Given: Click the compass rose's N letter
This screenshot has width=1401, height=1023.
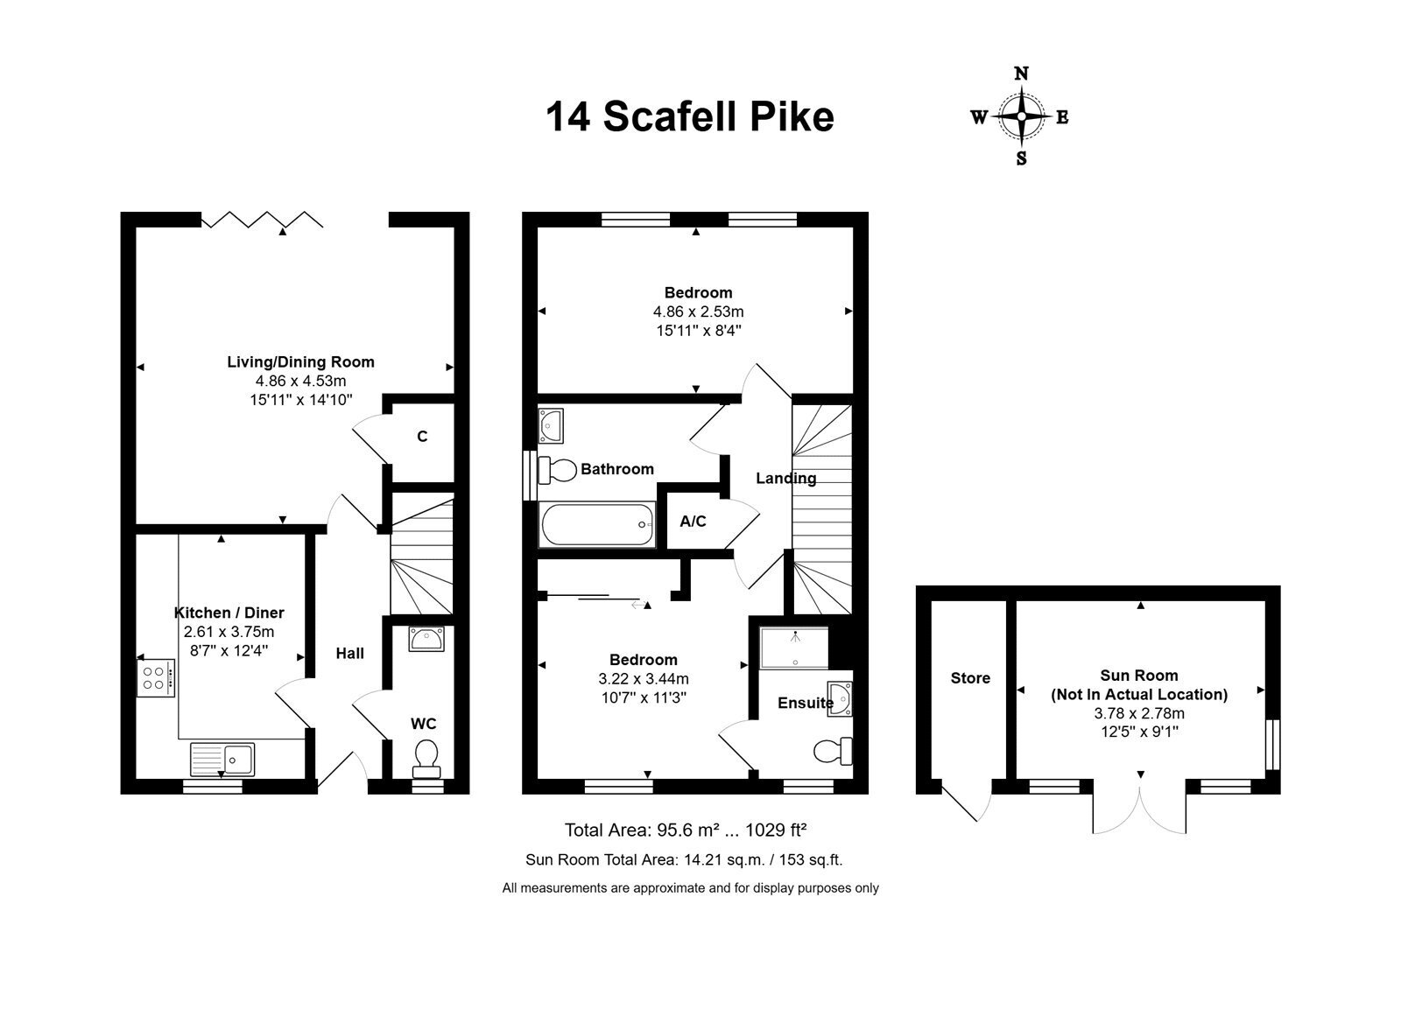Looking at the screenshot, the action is click(x=1021, y=74).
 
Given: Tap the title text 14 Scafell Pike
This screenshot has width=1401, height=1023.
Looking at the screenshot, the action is click(x=690, y=117).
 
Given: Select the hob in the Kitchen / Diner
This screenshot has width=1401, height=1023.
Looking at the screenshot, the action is click(x=156, y=678).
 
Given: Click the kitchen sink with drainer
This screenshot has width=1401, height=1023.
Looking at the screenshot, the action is click(x=222, y=760).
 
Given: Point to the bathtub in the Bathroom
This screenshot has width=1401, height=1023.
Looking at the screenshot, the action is click(x=597, y=525).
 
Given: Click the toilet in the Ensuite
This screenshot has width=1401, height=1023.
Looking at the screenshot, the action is click(x=833, y=751).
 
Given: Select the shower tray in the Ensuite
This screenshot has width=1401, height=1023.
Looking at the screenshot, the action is click(x=794, y=648).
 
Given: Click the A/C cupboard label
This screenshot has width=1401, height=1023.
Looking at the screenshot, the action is click(x=693, y=522).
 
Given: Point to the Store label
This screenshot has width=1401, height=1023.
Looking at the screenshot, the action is click(x=970, y=678).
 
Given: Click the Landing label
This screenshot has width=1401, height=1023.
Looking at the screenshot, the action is click(x=786, y=479).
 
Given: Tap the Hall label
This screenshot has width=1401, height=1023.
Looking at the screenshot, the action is click(x=349, y=653).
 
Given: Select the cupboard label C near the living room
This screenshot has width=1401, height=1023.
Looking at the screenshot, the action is click(x=422, y=436).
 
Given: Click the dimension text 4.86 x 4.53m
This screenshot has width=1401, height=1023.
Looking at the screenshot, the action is click(x=300, y=381).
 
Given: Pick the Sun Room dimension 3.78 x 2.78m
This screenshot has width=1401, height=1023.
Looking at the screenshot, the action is click(x=1139, y=713).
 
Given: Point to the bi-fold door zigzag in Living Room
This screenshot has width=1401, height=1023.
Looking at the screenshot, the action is click(x=262, y=220).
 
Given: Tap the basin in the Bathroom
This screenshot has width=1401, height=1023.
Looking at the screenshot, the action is click(x=551, y=426).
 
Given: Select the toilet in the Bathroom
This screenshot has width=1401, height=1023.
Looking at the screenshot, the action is click(x=557, y=471).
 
